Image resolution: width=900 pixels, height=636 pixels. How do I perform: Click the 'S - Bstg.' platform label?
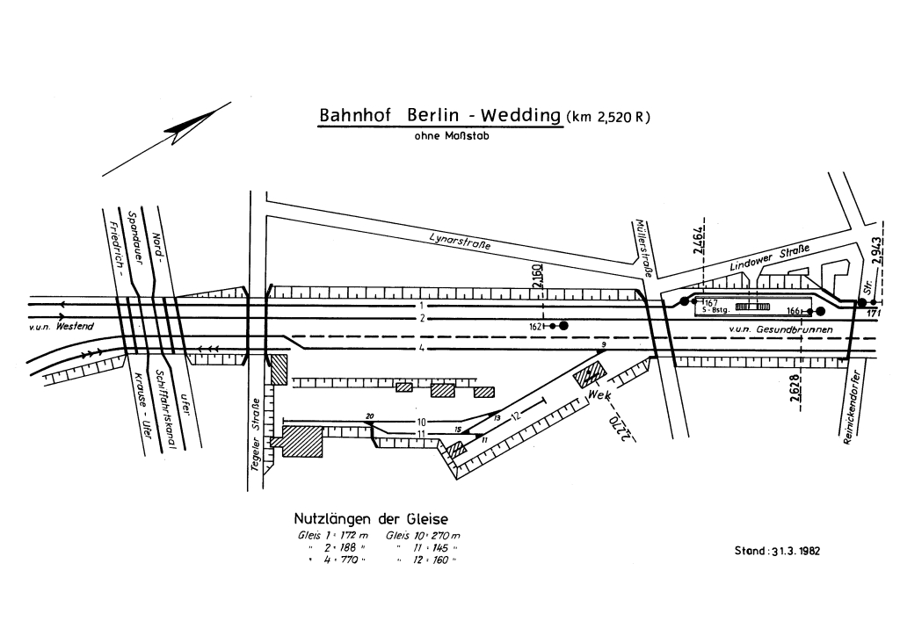click(715, 310)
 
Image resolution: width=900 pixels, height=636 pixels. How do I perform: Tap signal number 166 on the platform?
click(795, 311)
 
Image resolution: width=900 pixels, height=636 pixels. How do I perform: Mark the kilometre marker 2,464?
click(699, 236)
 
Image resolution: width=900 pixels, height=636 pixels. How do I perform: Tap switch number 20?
click(370, 416)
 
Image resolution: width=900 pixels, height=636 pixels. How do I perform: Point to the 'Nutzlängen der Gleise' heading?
click(376, 519)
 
